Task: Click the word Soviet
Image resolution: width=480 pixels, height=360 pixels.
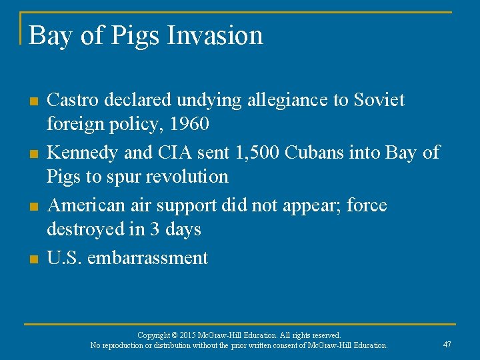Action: (x=378, y=100)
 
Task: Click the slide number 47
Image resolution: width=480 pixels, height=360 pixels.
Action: (x=447, y=344)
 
